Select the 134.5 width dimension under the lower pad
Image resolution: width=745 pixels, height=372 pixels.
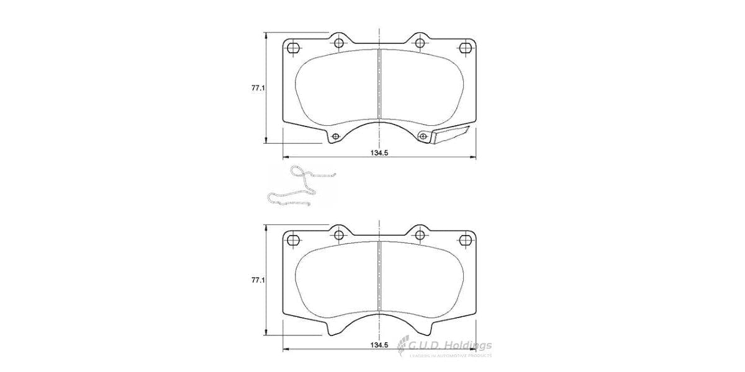[379, 345]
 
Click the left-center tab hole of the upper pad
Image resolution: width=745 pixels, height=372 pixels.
[339, 43]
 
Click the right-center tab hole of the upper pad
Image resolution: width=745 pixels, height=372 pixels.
[420, 43]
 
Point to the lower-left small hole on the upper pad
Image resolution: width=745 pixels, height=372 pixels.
[336, 136]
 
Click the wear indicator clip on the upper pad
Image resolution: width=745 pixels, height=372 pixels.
[449, 136]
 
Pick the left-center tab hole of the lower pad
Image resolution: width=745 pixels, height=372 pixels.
[339, 234]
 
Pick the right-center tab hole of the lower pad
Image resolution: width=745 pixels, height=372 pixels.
[420, 234]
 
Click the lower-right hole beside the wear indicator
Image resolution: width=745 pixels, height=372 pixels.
[424, 136]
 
